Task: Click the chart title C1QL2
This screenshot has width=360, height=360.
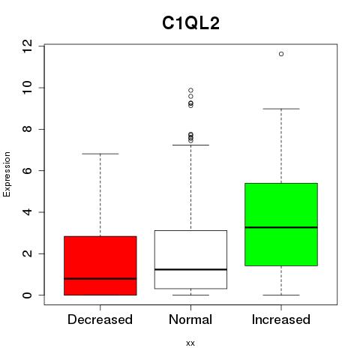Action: [190, 23]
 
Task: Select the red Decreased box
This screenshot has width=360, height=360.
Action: [100, 265]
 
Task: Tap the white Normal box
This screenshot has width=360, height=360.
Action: [190, 259]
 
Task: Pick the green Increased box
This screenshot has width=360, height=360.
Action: [281, 224]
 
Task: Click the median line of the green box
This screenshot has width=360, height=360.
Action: [281, 227]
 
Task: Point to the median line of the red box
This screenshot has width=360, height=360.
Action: [100, 278]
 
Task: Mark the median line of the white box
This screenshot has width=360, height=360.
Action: [190, 269]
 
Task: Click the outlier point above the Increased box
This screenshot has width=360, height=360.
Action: [281, 54]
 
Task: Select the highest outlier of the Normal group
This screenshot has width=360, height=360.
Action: [190, 90]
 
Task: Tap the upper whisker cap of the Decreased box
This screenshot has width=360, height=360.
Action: [100, 154]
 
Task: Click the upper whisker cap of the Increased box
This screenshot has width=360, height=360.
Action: [281, 109]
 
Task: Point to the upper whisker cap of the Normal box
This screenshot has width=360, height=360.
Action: [190, 145]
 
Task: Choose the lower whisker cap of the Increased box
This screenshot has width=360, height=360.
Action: [281, 295]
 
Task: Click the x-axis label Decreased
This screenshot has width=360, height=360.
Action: [100, 319]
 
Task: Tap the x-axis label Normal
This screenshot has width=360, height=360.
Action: [190, 319]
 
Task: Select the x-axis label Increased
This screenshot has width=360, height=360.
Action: [281, 319]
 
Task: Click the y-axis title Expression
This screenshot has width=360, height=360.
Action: [7, 174]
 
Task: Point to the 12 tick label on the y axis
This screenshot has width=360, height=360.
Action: [27, 46]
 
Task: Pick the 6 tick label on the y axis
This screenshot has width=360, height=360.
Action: [27, 170]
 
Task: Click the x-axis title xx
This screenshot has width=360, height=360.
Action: [190, 343]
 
